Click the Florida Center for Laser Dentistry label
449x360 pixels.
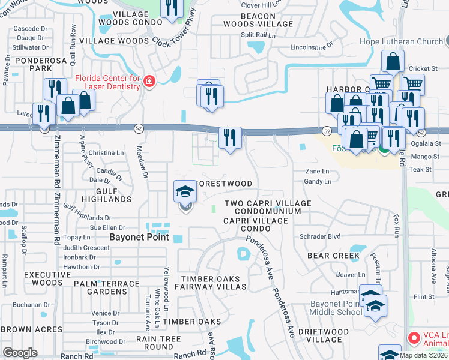point(108,82)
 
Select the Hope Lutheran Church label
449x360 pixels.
point(401,41)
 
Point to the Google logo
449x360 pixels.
point(20,353)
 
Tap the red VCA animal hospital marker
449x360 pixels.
point(413,338)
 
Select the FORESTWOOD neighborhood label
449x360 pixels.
point(224,184)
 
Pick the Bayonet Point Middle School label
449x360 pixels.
point(336,308)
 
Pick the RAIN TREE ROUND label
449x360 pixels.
point(154,343)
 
